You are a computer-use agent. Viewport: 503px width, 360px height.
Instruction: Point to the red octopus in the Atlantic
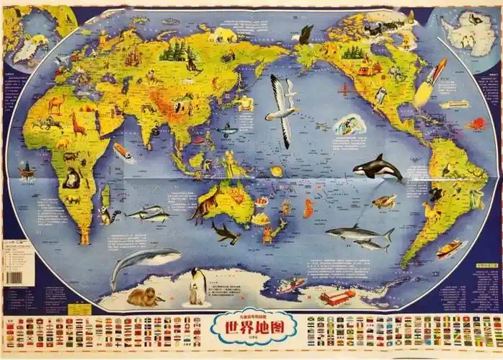476,124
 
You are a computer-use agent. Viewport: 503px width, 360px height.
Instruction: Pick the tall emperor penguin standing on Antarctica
195,286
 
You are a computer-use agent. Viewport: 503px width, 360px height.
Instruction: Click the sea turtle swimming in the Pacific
385,201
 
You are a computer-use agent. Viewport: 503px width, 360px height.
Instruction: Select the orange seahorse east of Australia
309,208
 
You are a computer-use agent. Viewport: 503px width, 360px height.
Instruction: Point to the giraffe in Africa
78,124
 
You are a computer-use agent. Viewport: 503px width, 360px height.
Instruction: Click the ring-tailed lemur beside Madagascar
109,215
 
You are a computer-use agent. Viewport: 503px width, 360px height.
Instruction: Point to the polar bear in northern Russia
224,34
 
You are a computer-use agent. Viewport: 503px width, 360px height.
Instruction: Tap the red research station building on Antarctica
337,296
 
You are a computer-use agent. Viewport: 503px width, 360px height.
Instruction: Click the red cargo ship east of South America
449,248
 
